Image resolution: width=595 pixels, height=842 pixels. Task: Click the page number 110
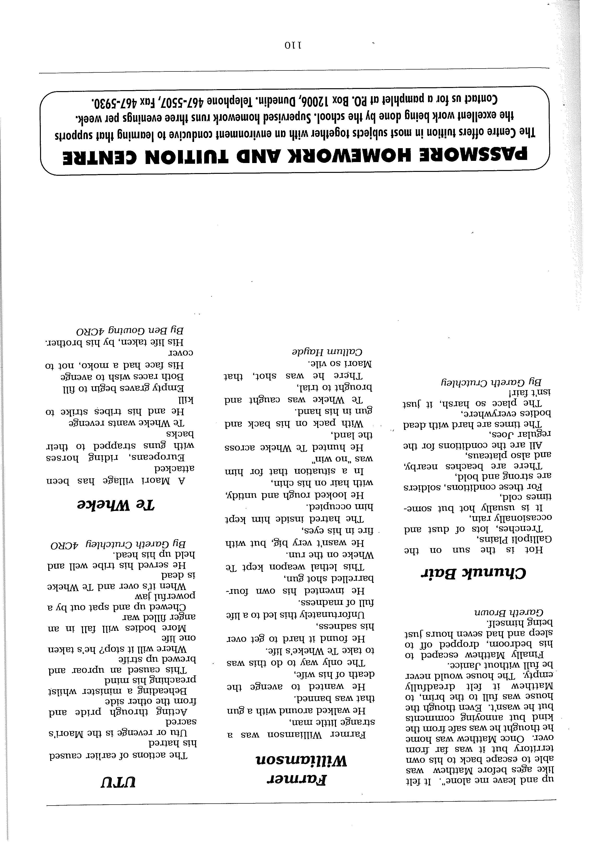(292, 46)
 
